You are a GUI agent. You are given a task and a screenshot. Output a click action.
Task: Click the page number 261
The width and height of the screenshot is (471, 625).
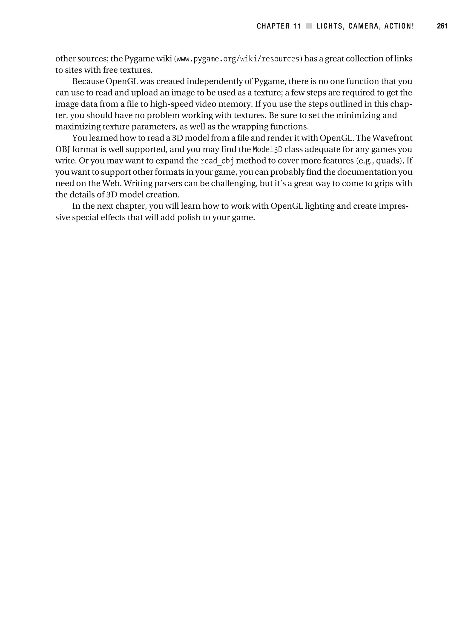(442, 26)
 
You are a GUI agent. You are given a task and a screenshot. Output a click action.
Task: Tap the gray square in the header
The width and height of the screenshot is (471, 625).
(309, 26)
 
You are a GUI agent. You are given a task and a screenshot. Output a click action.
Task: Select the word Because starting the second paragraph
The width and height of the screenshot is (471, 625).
(88, 81)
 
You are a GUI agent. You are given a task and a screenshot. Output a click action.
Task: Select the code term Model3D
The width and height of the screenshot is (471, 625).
(267, 150)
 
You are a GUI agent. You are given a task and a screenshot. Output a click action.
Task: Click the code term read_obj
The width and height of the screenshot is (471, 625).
(217, 161)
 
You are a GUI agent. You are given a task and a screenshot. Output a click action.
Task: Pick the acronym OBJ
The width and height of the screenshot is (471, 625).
(63, 150)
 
